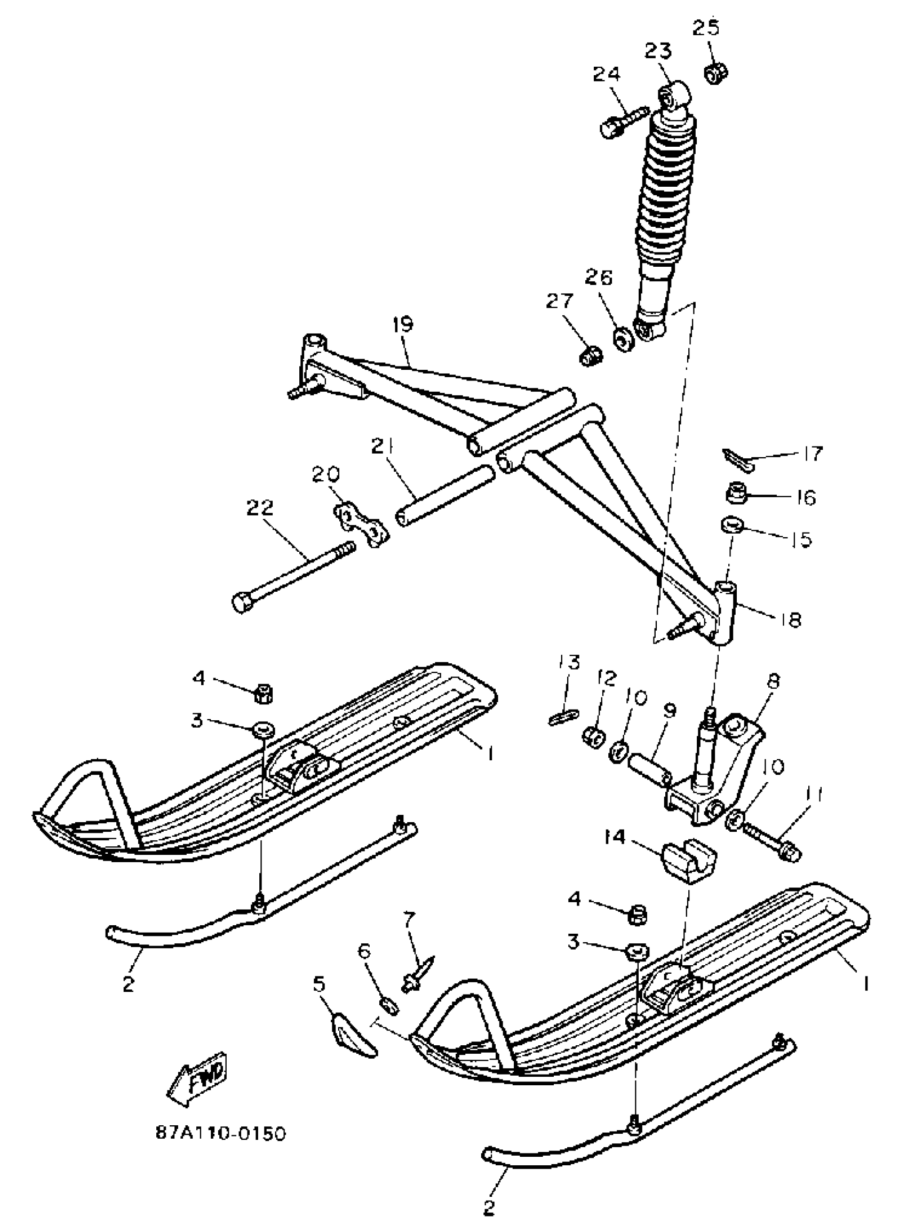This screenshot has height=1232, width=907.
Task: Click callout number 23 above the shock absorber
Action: (x=658, y=51)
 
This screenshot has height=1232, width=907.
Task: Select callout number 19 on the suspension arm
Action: (x=403, y=324)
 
